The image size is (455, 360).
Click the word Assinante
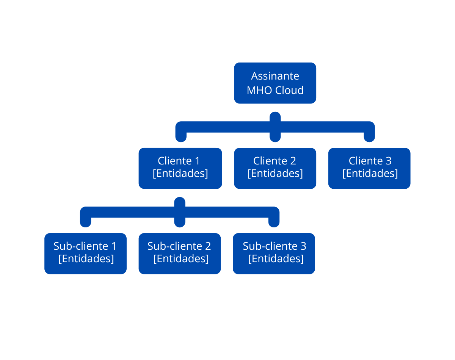[275, 76]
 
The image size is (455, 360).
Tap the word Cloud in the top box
[289, 90]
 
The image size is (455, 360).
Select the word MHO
[260, 90]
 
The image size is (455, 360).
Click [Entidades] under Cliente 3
[370, 173]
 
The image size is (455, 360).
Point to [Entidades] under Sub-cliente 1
[86, 258]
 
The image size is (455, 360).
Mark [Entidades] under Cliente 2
[275, 173]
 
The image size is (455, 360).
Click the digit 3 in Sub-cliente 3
[303, 246]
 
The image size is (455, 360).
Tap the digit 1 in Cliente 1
[197, 161]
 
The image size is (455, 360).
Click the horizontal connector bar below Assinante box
[227, 127]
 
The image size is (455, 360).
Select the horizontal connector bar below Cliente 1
[133, 212]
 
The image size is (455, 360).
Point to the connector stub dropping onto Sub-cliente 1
[86, 221]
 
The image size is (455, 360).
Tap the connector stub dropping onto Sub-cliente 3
[274, 221]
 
